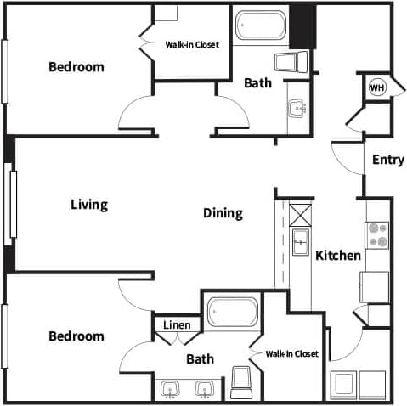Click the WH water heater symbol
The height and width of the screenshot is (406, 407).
(376, 87)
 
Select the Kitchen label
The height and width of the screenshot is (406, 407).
(338, 255)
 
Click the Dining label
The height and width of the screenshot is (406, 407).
(223, 213)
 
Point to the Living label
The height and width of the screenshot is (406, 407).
(88, 204)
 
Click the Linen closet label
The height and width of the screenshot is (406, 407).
(177, 324)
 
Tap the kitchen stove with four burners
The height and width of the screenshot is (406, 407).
(376, 234)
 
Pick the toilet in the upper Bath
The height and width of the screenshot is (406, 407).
(290, 61)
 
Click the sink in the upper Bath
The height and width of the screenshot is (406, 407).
(297, 108)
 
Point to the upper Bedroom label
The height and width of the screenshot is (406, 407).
(76, 66)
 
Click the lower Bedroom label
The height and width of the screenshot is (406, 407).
(76, 336)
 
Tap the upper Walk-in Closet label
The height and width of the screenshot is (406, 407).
(191, 45)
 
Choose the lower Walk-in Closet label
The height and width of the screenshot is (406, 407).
(291, 353)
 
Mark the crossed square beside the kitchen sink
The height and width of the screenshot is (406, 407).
(300, 213)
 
